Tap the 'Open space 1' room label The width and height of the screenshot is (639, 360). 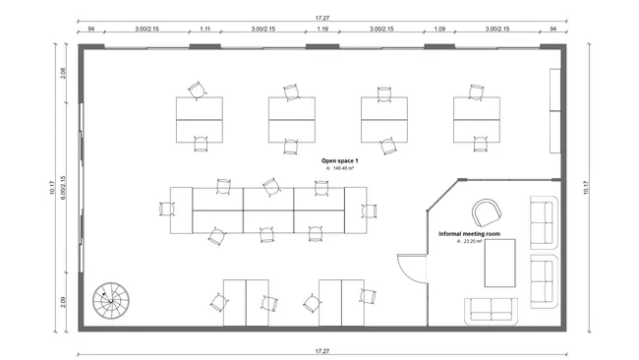339,159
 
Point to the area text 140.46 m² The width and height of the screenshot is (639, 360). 341,168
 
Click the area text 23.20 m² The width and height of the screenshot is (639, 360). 470,242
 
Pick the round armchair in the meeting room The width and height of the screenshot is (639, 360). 486,212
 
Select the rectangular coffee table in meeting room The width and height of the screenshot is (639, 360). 499,267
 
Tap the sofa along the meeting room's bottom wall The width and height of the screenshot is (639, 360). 493,308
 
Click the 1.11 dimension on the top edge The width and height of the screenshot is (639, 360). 206,30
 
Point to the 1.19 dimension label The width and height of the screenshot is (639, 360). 321,30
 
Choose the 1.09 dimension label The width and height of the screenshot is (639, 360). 439,30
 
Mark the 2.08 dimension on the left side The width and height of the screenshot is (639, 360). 63,71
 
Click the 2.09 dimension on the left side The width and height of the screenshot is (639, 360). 63,304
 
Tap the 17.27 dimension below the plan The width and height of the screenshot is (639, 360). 321,350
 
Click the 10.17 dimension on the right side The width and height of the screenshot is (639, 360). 587,187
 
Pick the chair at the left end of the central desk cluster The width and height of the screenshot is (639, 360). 165,209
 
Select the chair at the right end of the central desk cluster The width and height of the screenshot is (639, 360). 370,210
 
